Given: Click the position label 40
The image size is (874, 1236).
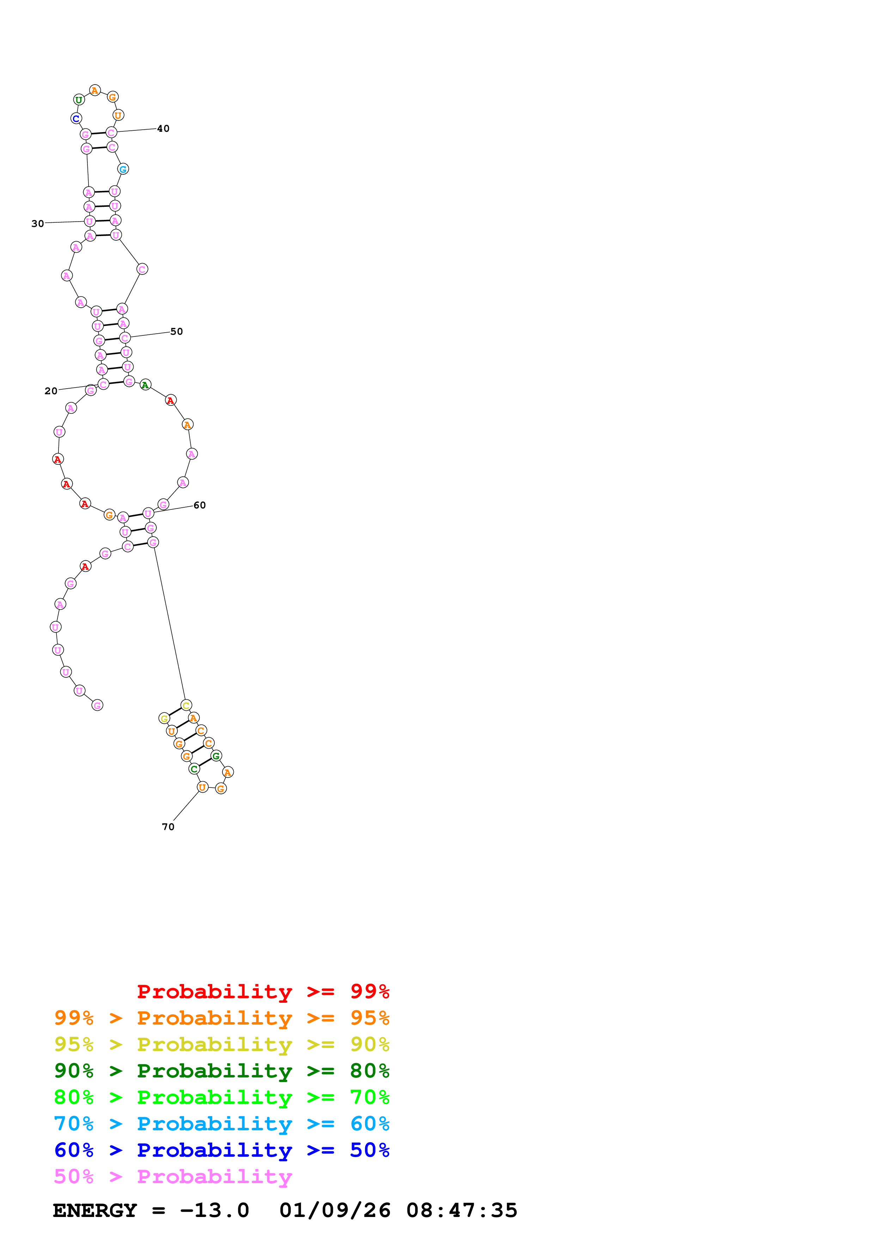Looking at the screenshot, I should point(163,129).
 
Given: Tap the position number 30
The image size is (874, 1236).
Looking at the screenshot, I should point(38,223).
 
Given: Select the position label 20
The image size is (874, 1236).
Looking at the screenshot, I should point(51,391).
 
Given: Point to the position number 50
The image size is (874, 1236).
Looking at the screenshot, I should point(177,332).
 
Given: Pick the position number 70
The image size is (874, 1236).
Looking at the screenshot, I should point(168,826).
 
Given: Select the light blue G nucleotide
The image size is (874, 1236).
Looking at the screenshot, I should point(123,169).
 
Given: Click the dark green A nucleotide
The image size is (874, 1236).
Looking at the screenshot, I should point(145,385).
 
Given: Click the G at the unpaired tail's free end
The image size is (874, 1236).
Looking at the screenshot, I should point(97,705).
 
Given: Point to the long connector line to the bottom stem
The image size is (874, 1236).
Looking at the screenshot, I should point(170,624).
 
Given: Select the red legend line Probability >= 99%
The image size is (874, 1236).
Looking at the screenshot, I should point(263,991).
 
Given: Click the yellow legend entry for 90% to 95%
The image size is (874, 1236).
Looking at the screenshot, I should point(222,1044).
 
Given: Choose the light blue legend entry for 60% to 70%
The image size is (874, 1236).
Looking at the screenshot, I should point(222,1124).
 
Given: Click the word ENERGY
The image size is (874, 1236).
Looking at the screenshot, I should point(95,1210).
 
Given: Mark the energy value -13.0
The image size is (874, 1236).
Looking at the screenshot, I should point(214,1210).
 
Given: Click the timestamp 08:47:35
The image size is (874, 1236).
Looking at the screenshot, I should point(462,1210).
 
